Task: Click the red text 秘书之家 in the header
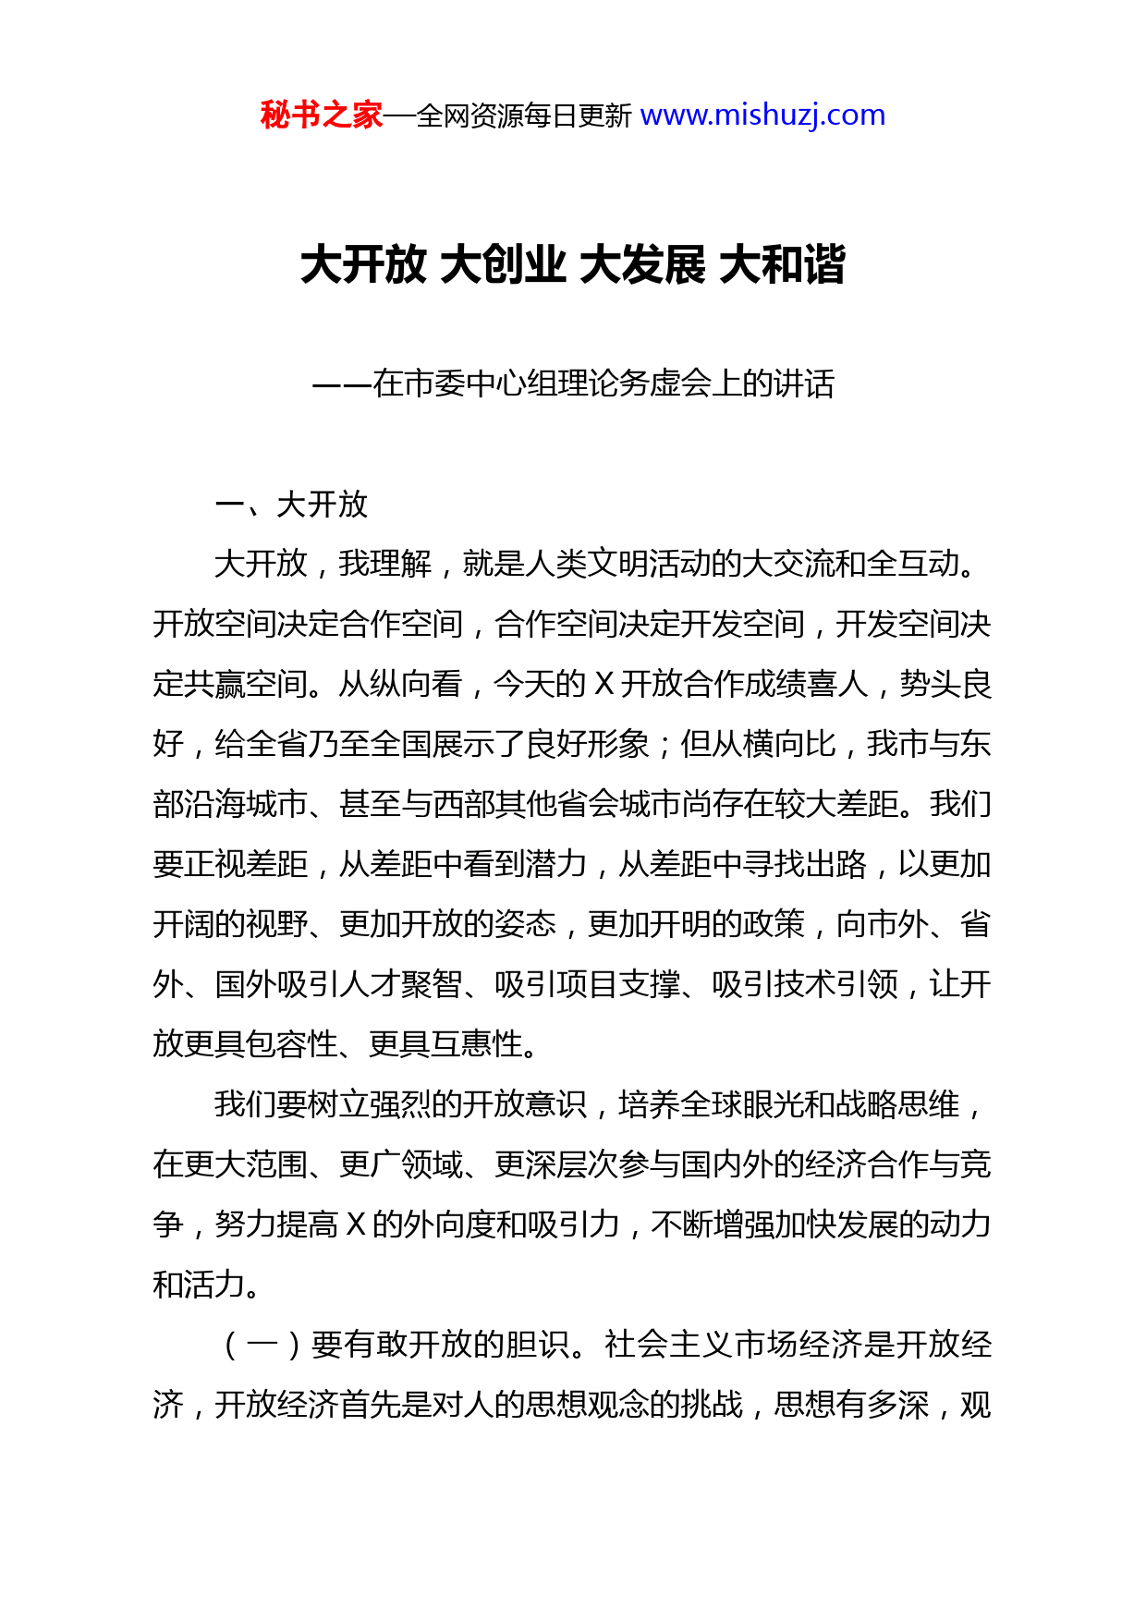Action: coord(321,116)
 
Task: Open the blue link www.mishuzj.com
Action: coord(762,116)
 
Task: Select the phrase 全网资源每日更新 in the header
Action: coord(524,116)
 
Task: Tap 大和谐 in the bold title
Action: coord(782,265)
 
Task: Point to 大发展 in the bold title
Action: coord(642,265)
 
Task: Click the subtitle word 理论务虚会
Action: coord(603,384)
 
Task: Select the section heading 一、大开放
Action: coord(291,505)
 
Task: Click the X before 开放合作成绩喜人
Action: coord(603,685)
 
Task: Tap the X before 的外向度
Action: coord(356,1225)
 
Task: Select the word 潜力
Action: coord(556,864)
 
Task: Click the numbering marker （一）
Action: coord(262,1345)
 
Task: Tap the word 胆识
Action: coord(537,1345)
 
